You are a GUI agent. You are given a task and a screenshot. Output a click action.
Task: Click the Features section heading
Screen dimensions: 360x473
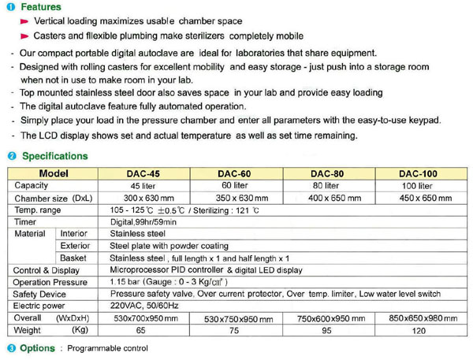point(40,7)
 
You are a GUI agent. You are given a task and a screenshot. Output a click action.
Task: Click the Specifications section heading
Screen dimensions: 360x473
point(54,156)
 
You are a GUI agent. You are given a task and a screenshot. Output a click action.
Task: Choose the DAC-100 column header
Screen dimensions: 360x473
point(419,173)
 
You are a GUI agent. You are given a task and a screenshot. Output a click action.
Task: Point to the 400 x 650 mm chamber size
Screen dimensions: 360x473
point(333,198)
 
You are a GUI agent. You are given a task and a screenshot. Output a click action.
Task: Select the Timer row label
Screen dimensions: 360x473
point(26,222)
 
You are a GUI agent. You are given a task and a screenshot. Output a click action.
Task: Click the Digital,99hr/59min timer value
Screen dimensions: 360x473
point(143,222)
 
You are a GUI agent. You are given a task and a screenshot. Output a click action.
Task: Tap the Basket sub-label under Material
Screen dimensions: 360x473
point(73,258)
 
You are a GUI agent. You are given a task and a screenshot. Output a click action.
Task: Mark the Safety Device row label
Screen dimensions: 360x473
point(39,294)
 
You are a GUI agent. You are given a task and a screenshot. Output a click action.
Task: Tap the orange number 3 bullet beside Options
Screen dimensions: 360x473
point(11,347)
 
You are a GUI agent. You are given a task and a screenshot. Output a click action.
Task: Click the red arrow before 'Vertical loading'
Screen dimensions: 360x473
point(25,21)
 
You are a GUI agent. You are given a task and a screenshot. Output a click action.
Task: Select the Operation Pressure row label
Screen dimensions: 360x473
point(50,282)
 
